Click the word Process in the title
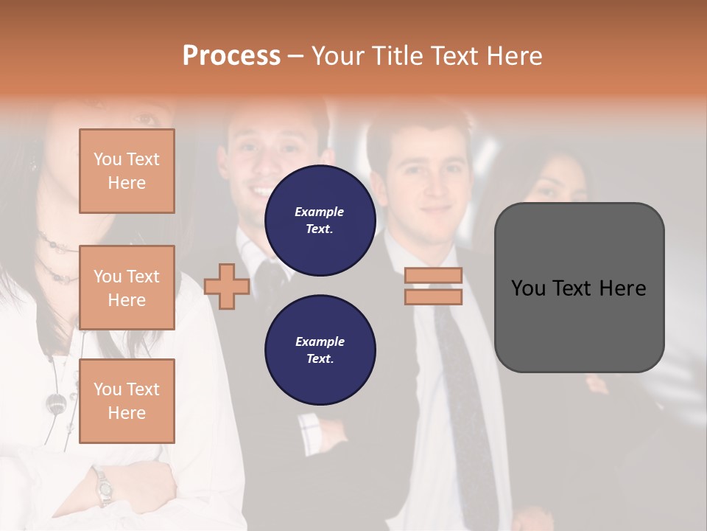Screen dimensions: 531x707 point(231,55)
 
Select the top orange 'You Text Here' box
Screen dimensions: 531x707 point(127,171)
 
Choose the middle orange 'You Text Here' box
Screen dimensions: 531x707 point(127,288)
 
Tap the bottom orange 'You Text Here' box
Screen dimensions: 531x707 point(127,401)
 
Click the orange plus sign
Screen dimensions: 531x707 point(227,287)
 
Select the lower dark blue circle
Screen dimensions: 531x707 point(320,350)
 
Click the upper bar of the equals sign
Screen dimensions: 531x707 point(433,275)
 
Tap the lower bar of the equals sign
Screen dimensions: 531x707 point(433,296)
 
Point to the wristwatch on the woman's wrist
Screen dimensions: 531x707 point(103,486)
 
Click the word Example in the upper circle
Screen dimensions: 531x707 point(320,212)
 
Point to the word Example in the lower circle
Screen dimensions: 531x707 point(320,342)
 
